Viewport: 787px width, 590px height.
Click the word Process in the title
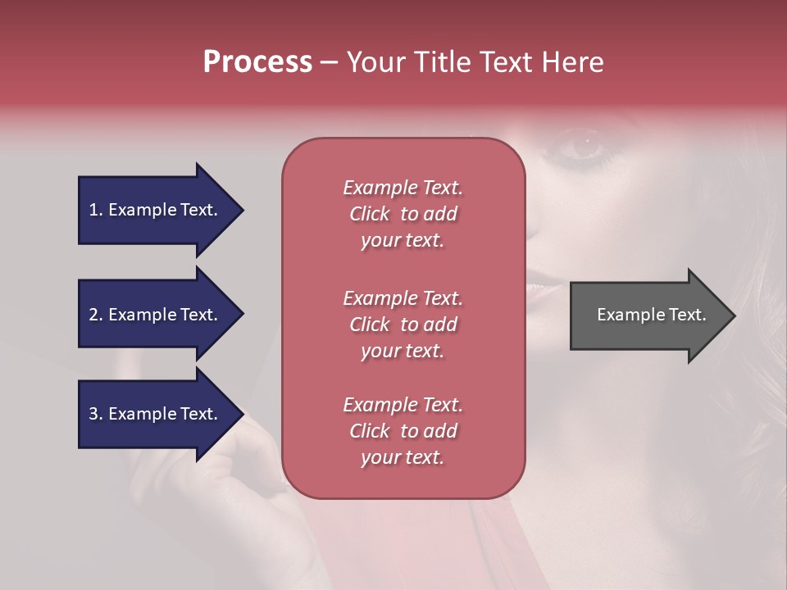coord(257,62)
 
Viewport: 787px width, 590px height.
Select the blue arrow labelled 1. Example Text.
coord(156,210)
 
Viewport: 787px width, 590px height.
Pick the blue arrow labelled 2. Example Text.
coord(156,315)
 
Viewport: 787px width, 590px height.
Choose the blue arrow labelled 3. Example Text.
coord(156,414)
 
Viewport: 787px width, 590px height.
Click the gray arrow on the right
coord(648,315)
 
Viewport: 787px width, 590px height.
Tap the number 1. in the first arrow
coord(96,210)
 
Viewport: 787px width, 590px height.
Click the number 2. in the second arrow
coord(96,315)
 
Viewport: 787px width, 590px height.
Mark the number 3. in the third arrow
coord(96,414)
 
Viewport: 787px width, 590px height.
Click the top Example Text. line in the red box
coord(403,188)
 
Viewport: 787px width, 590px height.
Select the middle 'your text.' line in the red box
coord(403,351)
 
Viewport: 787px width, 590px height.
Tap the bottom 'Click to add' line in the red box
coord(403,431)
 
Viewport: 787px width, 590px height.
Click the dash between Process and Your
coord(330,62)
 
